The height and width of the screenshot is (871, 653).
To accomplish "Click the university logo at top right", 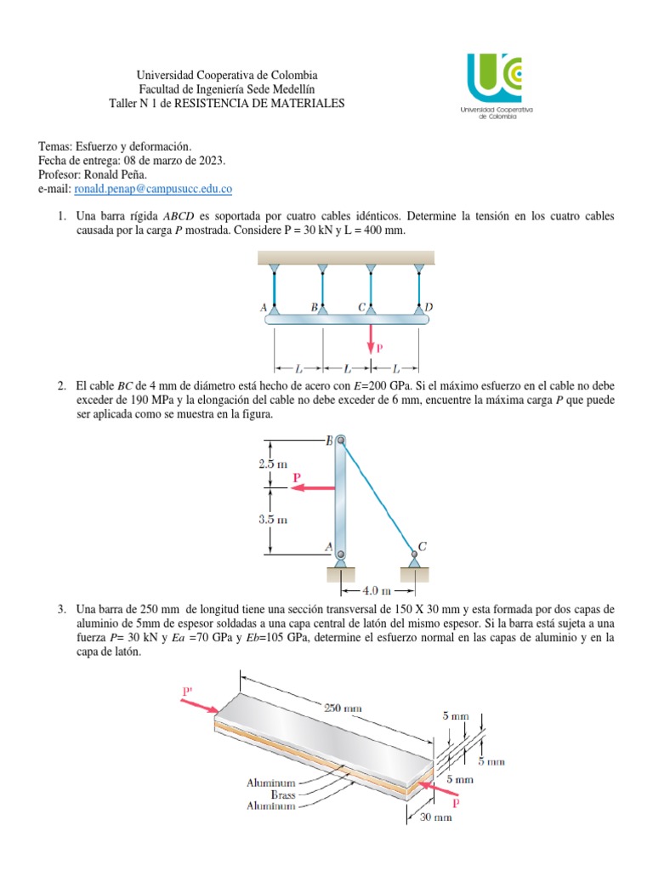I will (494, 80).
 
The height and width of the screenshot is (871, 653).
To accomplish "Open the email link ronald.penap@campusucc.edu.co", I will (154, 188).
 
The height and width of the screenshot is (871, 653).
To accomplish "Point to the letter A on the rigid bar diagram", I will (264, 307).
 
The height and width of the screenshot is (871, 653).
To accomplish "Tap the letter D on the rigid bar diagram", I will (428, 306).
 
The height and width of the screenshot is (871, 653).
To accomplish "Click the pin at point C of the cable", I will (414, 554).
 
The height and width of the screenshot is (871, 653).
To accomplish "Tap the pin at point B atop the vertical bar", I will (340, 441).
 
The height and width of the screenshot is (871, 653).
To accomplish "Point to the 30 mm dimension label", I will (436, 817).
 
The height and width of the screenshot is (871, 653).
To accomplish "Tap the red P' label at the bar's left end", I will (189, 692).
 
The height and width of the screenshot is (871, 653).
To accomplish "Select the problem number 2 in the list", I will (62, 386).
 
